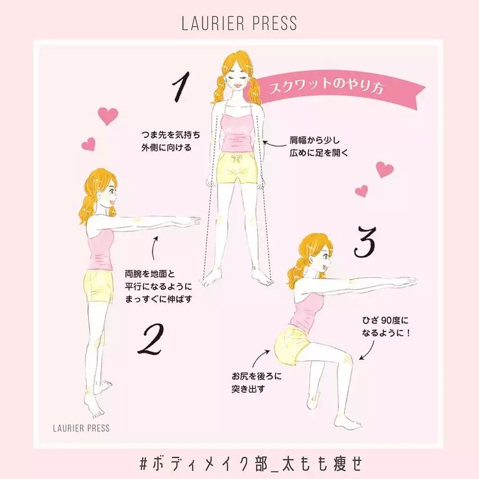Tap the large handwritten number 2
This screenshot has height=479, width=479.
click(x=151, y=340)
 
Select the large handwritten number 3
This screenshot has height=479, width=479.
click(x=365, y=242)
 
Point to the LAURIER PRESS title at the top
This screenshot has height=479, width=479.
click(x=239, y=23)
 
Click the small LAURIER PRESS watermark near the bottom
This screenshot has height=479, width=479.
click(x=81, y=428)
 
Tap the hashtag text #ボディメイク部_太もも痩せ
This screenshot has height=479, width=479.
click(x=251, y=463)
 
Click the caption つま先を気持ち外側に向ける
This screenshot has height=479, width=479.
click(x=170, y=141)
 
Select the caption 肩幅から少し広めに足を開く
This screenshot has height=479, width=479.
click(x=319, y=146)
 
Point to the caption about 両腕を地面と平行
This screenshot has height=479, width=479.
click(x=159, y=286)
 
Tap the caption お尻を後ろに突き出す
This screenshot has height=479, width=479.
click(x=257, y=383)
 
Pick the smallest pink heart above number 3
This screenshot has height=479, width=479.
click(x=361, y=191)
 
